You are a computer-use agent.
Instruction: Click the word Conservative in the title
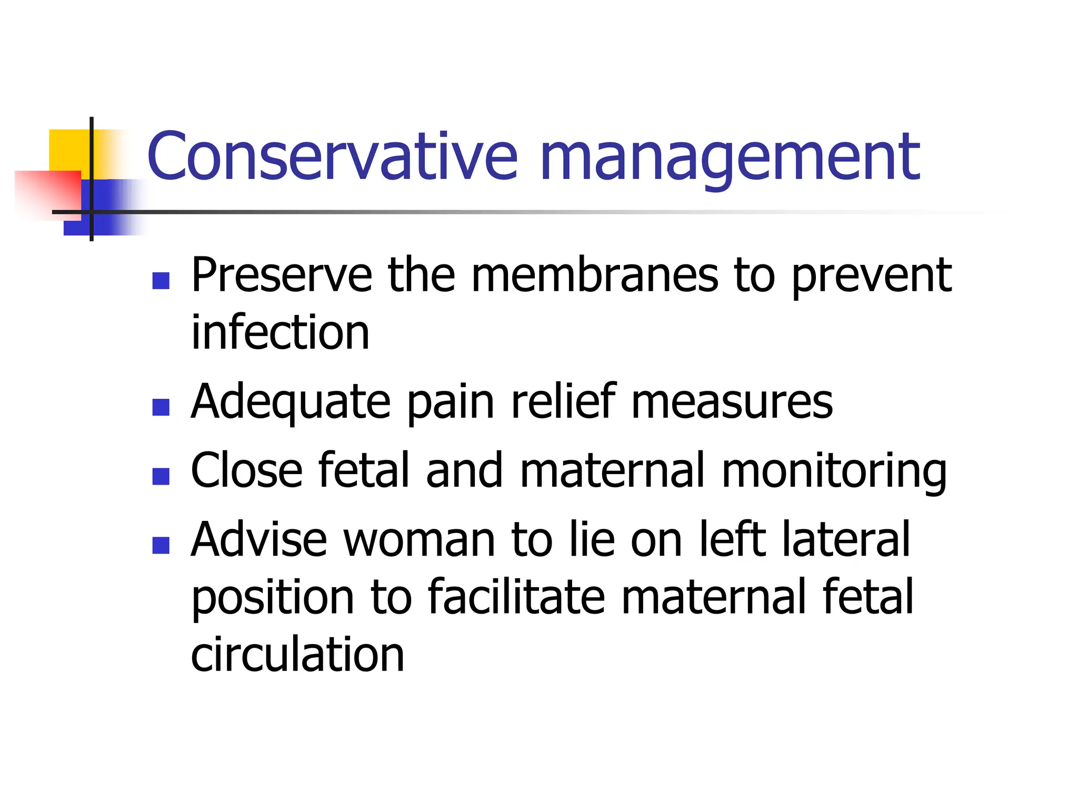click(332, 156)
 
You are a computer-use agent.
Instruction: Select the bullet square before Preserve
click(161, 281)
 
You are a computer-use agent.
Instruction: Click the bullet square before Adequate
click(161, 407)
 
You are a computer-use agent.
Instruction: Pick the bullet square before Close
click(161, 476)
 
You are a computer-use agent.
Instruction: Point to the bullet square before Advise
click(161, 545)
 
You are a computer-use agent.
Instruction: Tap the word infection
click(280, 332)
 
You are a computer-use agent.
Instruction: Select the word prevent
click(871, 277)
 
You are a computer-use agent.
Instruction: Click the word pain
click(451, 403)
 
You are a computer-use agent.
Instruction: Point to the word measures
click(732, 403)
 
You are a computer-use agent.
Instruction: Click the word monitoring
click(834, 471)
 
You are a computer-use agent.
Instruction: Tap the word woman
click(419, 539)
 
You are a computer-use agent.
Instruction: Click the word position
click(273, 598)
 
